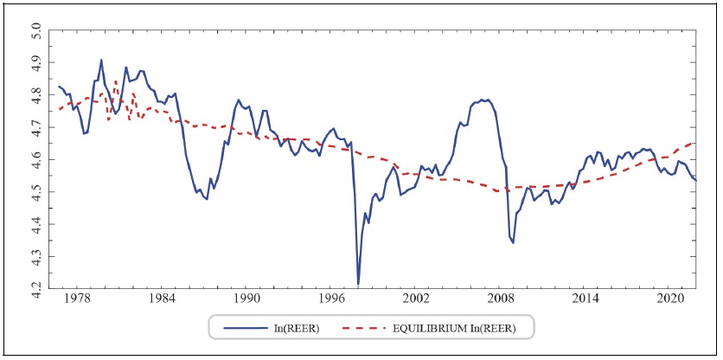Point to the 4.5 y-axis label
coord(36,192)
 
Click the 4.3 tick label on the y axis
coord(36,256)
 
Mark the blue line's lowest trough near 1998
coord(358,283)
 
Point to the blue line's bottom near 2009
coord(513,242)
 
